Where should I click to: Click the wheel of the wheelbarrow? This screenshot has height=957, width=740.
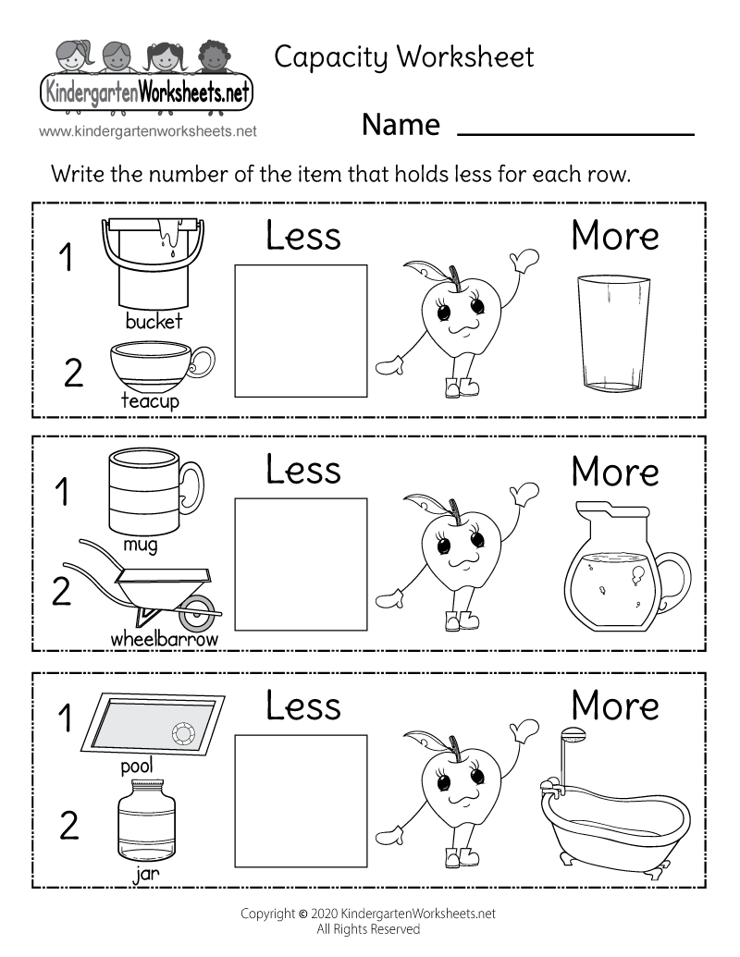pyautogui.click(x=197, y=611)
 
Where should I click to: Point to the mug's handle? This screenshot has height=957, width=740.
pyautogui.click(x=191, y=488)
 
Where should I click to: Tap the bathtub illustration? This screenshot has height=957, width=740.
pyautogui.click(x=614, y=814)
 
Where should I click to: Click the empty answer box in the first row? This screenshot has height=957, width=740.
pyautogui.click(x=301, y=330)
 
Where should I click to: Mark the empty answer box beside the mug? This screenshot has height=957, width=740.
pyautogui.click(x=301, y=563)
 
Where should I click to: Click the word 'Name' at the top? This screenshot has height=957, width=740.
pyautogui.click(x=401, y=124)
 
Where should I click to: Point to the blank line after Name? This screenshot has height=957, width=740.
pyautogui.click(x=575, y=133)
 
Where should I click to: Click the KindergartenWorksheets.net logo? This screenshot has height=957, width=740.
pyautogui.click(x=147, y=79)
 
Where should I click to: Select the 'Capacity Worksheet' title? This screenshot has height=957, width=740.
pyautogui.click(x=404, y=57)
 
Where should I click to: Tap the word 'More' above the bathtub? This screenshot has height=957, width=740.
pyautogui.click(x=615, y=705)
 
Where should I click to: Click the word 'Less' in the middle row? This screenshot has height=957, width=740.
pyautogui.click(x=303, y=469)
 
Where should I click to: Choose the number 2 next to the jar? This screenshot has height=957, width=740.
pyautogui.click(x=69, y=826)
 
